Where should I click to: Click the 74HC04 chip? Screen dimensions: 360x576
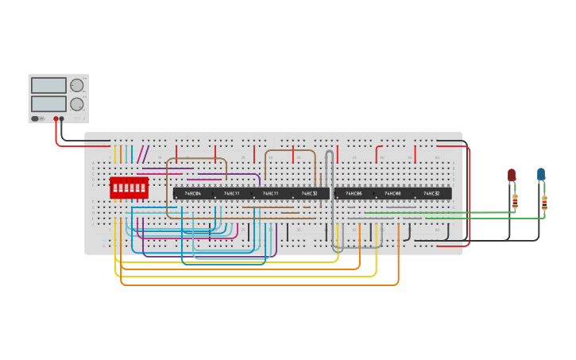pos(193,193)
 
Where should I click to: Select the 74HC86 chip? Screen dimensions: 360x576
pos(354,193)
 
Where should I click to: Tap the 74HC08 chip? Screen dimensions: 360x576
pos(392,193)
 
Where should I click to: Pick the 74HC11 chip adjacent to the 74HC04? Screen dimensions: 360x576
pos(232,193)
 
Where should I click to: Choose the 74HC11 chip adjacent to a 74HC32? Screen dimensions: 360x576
pos(271,193)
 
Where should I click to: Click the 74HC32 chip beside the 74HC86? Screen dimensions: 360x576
pos(310,193)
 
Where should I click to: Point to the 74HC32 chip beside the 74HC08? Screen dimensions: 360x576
pos(431,193)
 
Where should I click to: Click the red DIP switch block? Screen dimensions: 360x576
pos(129,188)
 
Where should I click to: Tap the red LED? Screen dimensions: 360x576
pos(512,175)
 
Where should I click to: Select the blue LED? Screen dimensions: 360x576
pos(541,174)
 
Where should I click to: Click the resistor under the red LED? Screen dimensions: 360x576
pos(515,201)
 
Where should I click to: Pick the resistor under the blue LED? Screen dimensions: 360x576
pos(544,203)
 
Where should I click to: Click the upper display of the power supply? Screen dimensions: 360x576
pos(48,85)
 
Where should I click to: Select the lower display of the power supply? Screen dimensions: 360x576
pos(48,103)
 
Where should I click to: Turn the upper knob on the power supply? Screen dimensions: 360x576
pos(77,85)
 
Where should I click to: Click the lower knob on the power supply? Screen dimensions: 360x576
pos(77,104)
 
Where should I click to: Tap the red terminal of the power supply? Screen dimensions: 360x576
pos(56,119)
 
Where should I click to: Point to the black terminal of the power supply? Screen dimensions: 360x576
pos(62,119)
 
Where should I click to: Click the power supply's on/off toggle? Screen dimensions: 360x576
pos(36,118)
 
